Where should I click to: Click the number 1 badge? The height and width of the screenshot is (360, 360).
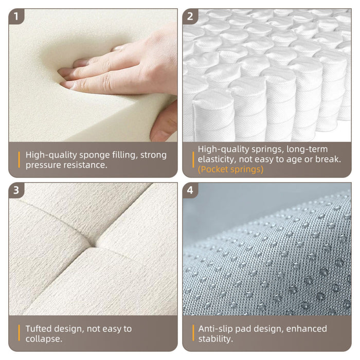click(x=16, y=16)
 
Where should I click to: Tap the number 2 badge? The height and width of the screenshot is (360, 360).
click(x=190, y=16)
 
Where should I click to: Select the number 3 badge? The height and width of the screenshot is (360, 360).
click(x=16, y=190)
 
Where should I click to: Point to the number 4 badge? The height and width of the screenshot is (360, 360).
click(x=190, y=190)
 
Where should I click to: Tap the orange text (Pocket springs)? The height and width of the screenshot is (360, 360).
click(x=230, y=169)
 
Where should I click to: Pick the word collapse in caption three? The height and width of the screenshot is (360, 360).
click(x=43, y=339)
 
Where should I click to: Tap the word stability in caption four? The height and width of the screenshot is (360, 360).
click(x=215, y=339)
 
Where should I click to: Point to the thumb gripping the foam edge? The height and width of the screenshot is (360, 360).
click(x=164, y=124)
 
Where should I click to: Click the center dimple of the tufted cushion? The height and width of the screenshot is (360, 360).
click(x=93, y=245)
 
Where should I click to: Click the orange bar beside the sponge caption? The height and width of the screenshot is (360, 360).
click(x=19, y=160)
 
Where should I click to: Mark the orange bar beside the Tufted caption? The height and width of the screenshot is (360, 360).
click(x=19, y=333)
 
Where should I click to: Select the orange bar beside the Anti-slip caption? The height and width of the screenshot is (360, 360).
click(x=193, y=333)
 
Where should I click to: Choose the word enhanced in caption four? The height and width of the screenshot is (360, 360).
click(x=307, y=329)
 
